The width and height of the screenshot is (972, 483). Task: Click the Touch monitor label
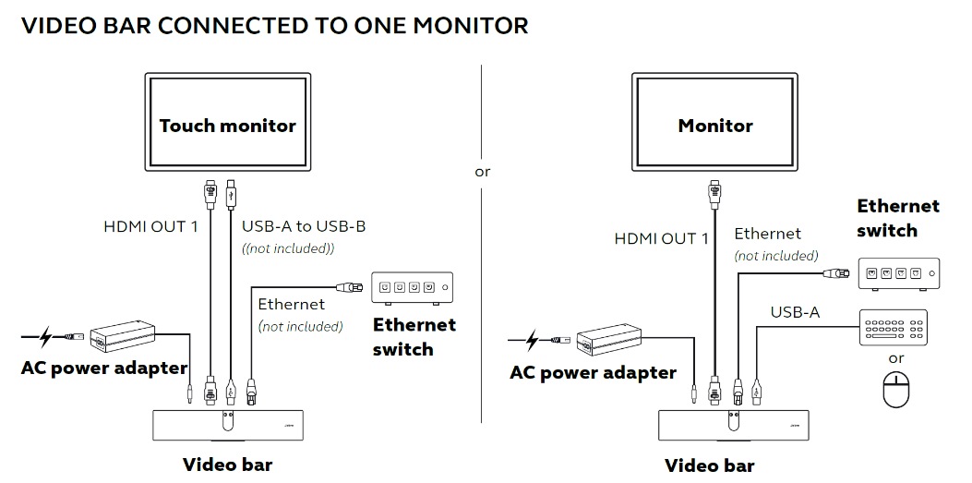(227, 126)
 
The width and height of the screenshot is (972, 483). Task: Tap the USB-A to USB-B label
(304, 226)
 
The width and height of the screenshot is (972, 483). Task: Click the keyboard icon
(894, 327)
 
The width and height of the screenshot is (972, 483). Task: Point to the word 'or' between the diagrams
(482, 172)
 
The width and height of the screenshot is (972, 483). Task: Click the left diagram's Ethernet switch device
(413, 288)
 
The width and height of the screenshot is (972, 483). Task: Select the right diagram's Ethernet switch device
(898, 273)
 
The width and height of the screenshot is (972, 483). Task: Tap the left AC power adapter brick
(124, 336)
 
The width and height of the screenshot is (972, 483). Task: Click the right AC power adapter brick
(610, 341)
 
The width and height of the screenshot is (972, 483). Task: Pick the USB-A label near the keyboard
(796, 312)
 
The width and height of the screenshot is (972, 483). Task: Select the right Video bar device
(733, 426)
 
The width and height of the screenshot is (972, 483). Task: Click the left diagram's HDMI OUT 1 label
(150, 227)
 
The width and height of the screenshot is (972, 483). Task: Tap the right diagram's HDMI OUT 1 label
(662, 238)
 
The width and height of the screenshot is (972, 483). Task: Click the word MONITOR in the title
(471, 26)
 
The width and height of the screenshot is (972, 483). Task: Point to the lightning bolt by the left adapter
(45, 337)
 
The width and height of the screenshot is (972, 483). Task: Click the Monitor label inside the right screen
(715, 126)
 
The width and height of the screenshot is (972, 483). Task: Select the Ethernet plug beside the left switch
(350, 287)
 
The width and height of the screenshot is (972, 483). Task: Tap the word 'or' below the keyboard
(896, 358)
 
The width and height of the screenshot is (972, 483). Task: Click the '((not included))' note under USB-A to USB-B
(288, 248)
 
